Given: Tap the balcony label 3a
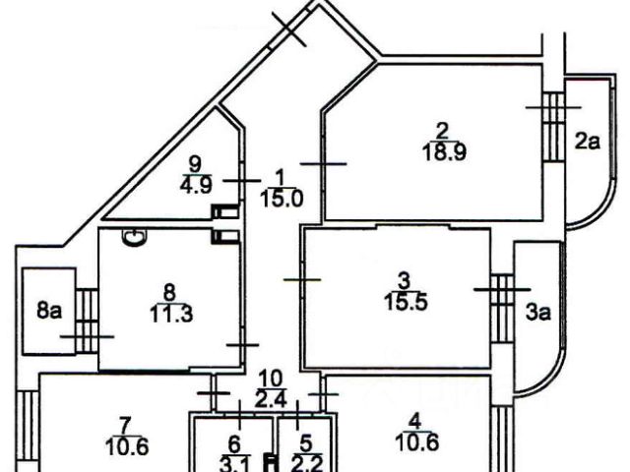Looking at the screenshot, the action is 536,314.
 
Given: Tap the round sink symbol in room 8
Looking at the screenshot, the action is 135,236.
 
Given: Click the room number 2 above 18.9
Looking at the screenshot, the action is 442,130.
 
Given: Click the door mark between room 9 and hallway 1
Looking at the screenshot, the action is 240,180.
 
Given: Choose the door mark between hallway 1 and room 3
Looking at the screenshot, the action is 302,280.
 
